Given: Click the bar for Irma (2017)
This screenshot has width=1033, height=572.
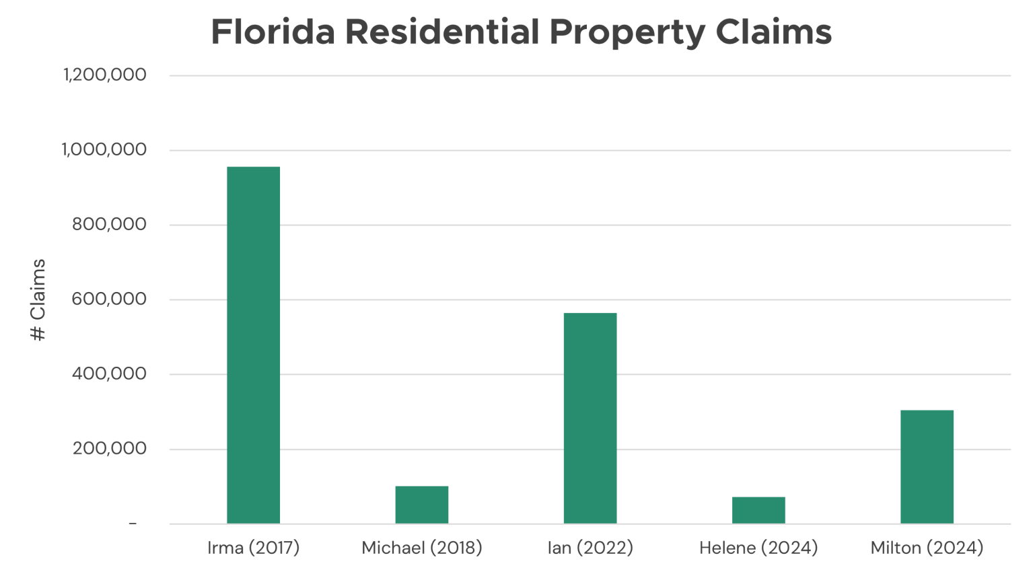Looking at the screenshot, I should pyautogui.click(x=253, y=345).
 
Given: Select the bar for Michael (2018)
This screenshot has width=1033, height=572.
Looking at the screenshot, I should pyautogui.click(x=421, y=505).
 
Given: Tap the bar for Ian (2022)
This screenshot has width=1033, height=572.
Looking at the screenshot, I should pyautogui.click(x=590, y=418).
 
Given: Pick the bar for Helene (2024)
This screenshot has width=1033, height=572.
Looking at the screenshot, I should pyautogui.click(x=758, y=510).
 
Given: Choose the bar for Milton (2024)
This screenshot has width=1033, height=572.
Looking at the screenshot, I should pyautogui.click(x=927, y=466).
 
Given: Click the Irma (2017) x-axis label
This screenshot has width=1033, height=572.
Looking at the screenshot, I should pyautogui.click(x=253, y=548).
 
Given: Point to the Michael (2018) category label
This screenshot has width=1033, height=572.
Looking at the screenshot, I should pyautogui.click(x=421, y=548).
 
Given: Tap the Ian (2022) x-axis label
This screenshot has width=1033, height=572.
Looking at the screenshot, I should pyautogui.click(x=590, y=548).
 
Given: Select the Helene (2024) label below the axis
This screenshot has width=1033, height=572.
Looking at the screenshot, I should pyautogui.click(x=758, y=548).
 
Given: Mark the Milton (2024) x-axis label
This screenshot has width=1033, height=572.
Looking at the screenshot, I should pyautogui.click(x=927, y=548).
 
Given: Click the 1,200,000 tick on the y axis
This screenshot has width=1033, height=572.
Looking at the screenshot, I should pyautogui.click(x=105, y=75).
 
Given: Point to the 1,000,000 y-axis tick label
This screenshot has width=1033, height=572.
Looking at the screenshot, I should pyautogui.click(x=105, y=149).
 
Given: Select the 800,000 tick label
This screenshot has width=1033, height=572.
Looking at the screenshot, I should pyautogui.click(x=109, y=224).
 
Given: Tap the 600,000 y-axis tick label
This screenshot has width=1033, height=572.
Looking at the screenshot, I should pyautogui.click(x=109, y=299).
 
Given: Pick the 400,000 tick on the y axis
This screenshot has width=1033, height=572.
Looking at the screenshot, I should pyautogui.click(x=109, y=373).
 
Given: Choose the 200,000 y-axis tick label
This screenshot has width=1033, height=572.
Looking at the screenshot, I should pyautogui.click(x=109, y=448).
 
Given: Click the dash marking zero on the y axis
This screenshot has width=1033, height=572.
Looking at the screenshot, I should pyautogui.click(x=133, y=524).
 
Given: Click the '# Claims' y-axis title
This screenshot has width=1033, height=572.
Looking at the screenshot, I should pyautogui.click(x=38, y=299).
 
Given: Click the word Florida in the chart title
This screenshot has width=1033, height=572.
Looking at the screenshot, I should pyautogui.click(x=273, y=32).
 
